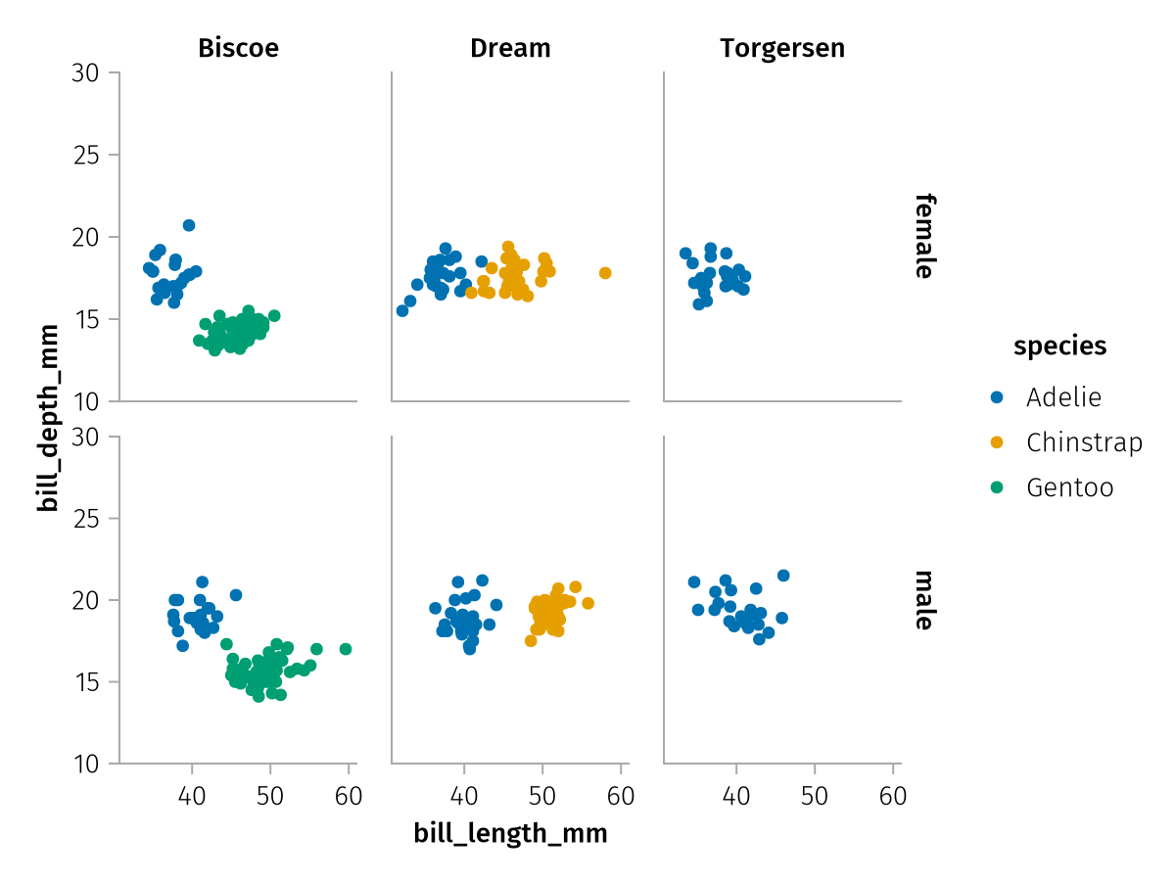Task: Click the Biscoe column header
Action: pyautogui.click(x=238, y=48)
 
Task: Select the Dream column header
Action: pyautogui.click(x=510, y=48)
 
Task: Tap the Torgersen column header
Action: pyautogui.click(x=782, y=48)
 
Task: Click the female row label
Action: pyautogui.click(x=923, y=236)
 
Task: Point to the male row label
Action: pyautogui.click(x=923, y=599)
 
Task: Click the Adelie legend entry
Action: pyautogui.click(x=1063, y=397)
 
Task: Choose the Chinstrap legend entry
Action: pyautogui.click(x=1084, y=442)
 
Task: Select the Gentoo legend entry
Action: pyautogui.click(x=1069, y=487)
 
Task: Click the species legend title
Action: pyautogui.click(x=1060, y=346)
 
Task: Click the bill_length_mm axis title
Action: pyautogui.click(x=510, y=833)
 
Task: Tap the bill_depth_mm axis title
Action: pyautogui.click(x=47, y=418)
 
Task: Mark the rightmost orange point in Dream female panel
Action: pyautogui.click(x=605, y=273)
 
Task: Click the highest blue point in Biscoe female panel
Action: pyautogui.click(x=189, y=225)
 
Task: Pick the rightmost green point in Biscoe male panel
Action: pyautogui.click(x=346, y=649)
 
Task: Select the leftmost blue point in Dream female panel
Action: pyautogui.click(x=402, y=310)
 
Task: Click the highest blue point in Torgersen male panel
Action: pyautogui.click(x=783, y=576)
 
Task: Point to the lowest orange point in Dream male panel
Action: pyautogui.click(x=531, y=641)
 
